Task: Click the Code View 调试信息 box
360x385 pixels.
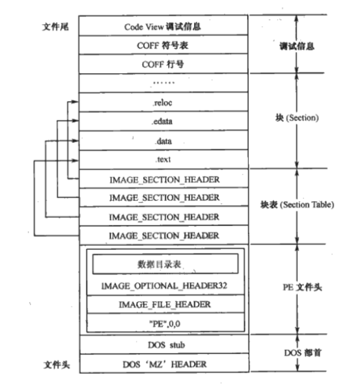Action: (x=163, y=26)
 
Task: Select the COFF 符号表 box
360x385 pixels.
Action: (x=163, y=45)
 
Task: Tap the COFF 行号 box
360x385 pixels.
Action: (x=163, y=64)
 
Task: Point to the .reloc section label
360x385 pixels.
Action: (x=163, y=103)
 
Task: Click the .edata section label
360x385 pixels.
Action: (x=163, y=122)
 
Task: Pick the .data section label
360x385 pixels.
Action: (x=163, y=141)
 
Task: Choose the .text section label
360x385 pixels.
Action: (x=163, y=160)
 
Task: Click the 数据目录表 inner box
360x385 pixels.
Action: (x=165, y=264)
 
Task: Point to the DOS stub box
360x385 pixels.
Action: (x=163, y=345)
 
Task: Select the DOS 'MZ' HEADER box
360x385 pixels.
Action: (x=163, y=364)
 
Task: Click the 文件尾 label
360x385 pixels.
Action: (x=53, y=26)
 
